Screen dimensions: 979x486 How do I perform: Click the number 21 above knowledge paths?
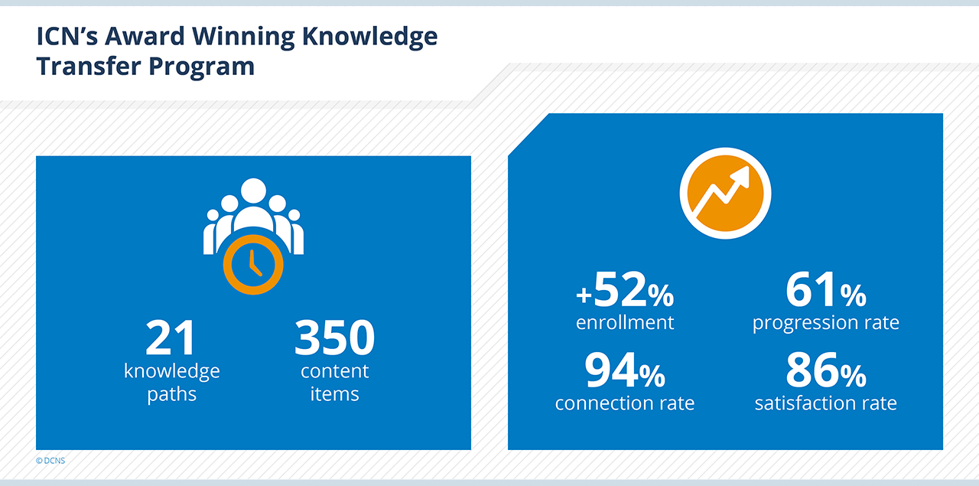(171, 337)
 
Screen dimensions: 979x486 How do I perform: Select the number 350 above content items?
(335, 337)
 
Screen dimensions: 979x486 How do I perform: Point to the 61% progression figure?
(826, 289)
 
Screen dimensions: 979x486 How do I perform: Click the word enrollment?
(625, 322)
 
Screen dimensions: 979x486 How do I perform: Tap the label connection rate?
(625, 403)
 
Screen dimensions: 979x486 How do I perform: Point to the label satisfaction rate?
(826, 403)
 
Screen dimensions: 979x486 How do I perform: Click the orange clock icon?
(253, 265)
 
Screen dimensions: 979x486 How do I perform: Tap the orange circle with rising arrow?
(726, 194)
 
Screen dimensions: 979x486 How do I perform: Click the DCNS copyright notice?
(50, 461)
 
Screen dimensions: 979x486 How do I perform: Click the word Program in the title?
(201, 67)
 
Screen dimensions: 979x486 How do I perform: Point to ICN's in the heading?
(67, 36)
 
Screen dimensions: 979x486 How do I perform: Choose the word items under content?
(335, 394)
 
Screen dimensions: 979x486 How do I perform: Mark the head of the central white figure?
(253, 191)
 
